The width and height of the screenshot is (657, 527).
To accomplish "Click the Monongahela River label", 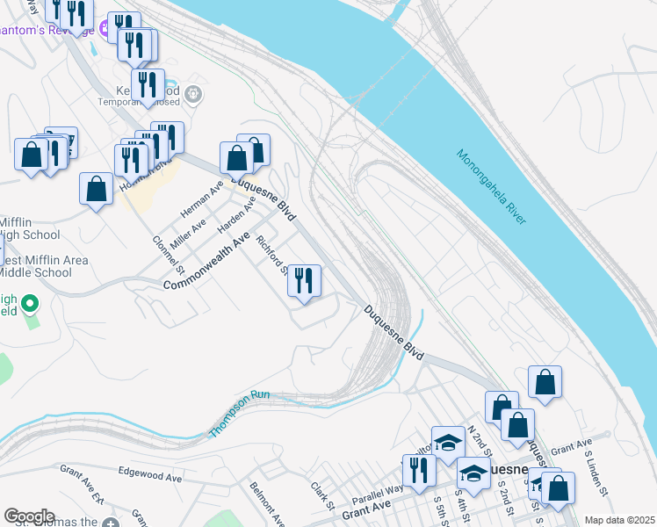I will point(491,187).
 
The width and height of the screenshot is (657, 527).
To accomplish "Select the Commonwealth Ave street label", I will point(206,261).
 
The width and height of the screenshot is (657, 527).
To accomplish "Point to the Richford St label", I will point(271,254).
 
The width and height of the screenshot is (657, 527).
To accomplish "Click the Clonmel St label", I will point(167,253).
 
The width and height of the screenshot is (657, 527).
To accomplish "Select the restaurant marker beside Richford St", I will point(304,281).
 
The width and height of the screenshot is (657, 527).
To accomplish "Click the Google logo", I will point(29,516).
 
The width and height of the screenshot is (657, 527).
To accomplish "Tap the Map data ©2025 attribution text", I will point(619,520).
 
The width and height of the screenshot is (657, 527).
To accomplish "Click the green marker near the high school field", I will point(30,306).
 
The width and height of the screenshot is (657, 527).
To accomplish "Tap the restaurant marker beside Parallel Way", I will point(418,470).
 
